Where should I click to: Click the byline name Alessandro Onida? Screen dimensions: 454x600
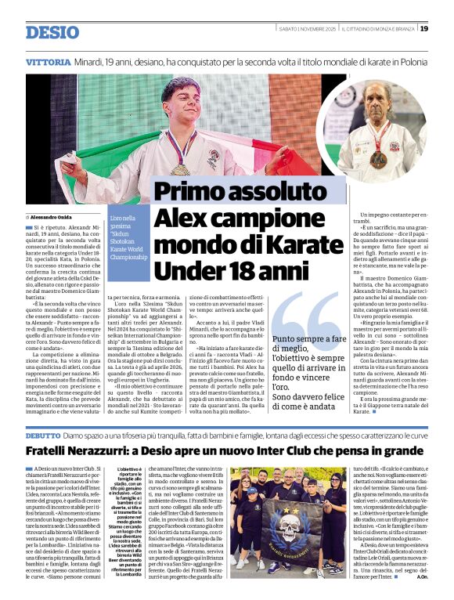click(55, 215)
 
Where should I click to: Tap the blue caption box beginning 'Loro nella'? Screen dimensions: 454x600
click(128, 235)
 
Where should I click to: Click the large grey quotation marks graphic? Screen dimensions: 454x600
click(307, 316)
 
